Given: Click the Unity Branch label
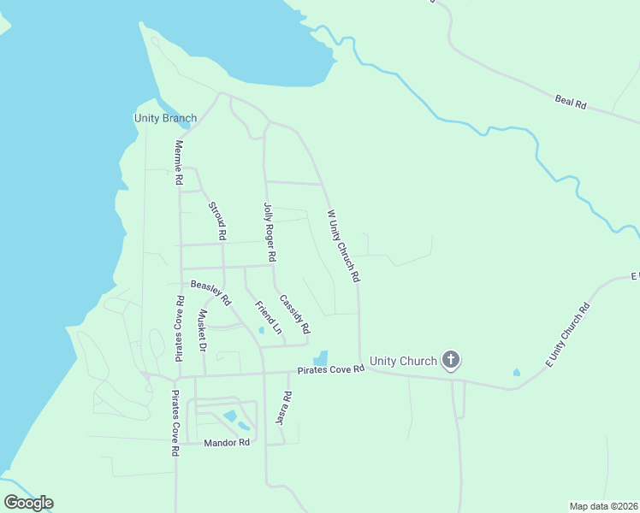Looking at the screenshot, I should (x=165, y=118).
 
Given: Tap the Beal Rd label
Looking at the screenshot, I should (x=570, y=103).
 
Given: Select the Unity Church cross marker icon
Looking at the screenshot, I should (x=452, y=361).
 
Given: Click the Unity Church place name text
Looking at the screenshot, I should (x=404, y=361).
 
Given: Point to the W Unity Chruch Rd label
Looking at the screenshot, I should (x=343, y=246).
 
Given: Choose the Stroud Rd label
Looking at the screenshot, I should (x=217, y=220).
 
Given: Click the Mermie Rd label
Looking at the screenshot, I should (x=179, y=163).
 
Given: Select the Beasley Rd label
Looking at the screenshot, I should (x=210, y=293).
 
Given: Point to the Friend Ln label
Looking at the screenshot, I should (x=269, y=317).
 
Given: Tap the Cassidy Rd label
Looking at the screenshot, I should (x=295, y=310).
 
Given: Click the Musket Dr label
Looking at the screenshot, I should (x=203, y=331).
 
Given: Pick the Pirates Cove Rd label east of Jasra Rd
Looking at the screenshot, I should (x=331, y=369).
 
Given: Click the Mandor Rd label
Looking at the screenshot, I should (x=227, y=443).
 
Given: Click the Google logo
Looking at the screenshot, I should (x=28, y=502).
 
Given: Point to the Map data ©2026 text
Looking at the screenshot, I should (x=603, y=506).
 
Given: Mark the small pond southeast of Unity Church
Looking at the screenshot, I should (x=516, y=373).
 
